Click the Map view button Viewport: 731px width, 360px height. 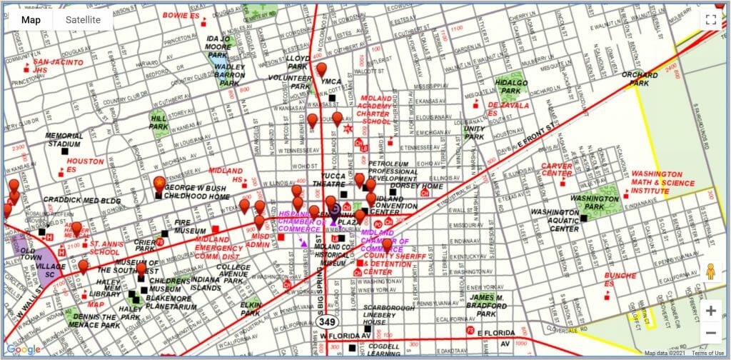point(31,20)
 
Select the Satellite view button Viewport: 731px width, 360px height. point(83,20)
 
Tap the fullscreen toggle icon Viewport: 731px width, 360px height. point(710,20)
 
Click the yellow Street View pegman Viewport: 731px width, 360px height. point(710,272)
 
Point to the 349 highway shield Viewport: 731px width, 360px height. point(328,322)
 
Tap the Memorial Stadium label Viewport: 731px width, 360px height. point(69,139)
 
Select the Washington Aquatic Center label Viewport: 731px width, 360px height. point(554,221)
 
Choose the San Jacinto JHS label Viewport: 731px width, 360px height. point(58,66)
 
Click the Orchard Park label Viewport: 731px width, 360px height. point(639,79)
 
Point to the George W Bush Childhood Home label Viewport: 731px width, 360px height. point(198,191)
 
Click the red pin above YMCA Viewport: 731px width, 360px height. point(322,69)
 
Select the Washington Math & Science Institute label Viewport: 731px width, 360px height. point(662,182)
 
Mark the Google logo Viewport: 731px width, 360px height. point(24,349)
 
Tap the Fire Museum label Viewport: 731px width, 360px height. point(191,226)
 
